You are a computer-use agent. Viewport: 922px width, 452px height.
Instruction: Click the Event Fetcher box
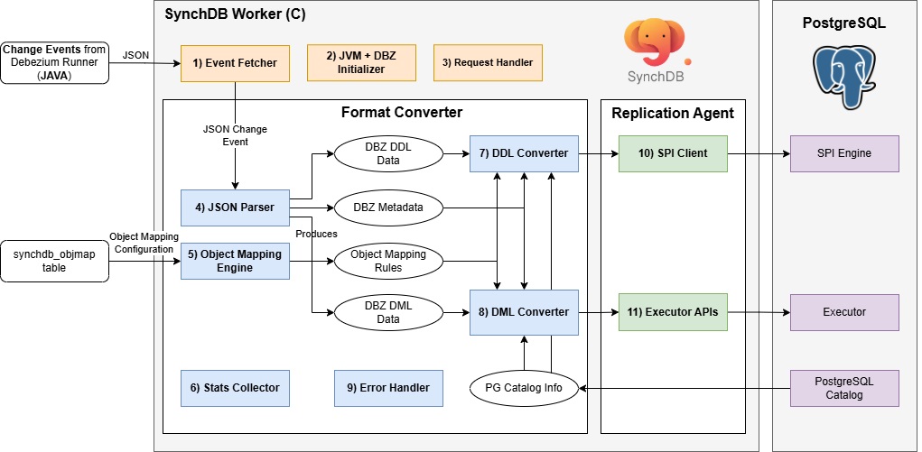(x=235, y=63)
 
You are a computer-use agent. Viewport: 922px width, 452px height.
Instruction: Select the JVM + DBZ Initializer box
(x=361, y=63)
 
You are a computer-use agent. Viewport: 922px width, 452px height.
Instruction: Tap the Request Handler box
(x=488, y=63)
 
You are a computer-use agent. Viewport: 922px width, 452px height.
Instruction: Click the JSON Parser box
(x=234, y=208)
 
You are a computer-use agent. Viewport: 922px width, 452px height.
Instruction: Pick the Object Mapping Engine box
(x=234, y=261)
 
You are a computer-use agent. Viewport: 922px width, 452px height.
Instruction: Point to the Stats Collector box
(x=235, y=387)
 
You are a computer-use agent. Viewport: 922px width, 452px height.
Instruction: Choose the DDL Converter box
(x=524, y=153)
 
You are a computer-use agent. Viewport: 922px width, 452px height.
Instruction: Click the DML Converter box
(x=524, y=312)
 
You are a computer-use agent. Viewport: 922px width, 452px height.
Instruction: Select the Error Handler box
(x=388, y=387)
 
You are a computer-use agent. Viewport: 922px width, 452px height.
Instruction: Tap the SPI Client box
(x=674, y=153)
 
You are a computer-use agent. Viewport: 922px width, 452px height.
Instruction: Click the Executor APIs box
(x=674, y=312)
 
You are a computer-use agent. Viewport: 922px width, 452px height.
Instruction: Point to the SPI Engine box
(x=844, y=153)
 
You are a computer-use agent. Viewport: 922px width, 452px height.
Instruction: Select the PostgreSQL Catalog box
(x=844, y=387)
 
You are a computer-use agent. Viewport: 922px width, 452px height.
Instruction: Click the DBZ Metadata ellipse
(x=388, y=208)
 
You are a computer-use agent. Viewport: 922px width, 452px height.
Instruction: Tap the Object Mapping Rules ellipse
(x=388, y=261)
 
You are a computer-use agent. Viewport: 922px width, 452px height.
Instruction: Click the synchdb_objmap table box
(x=54, y=261)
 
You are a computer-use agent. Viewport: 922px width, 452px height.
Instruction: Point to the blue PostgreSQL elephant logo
(x=843, y=80)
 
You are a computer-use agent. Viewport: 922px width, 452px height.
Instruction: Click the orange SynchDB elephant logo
(x=657, y=45)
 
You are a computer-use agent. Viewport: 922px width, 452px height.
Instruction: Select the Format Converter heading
(x=402, y=113)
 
